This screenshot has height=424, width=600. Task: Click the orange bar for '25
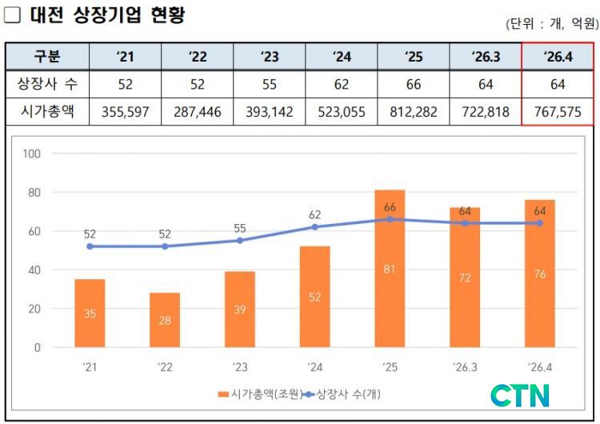pyautogui.click(x=390, y=269)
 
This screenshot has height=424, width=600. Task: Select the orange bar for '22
pyautogui.click(x=165, y=320)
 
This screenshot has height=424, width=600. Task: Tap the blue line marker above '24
pyautogui.click(x=314, y=227)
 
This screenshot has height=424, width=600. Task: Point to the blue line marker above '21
pyautogui.click(x=90, y=246)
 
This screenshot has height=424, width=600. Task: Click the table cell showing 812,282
pyautogui.click(x=414, y=112)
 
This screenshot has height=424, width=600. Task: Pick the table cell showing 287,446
pyautogui.click(x=197, y=112)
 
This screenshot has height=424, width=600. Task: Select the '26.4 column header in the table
pyautogui.click(x=558, y=57)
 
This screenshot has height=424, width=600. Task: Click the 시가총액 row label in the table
pyautogui.click(x=47, y=112)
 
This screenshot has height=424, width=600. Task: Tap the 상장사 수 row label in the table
pyautogui.click(x=47, y=84)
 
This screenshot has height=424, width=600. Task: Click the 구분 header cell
pyautogui.click(x=47, y=57)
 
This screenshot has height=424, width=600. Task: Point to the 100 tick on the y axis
pyautogui.click(x=31, y=154)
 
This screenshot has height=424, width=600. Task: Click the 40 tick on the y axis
pyautogui.click(x=34, y=270)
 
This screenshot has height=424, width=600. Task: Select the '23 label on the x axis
pyautogui.click(x=240, y=367)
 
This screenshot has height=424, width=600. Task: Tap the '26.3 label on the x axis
pyautogui.click(x=465, y=367)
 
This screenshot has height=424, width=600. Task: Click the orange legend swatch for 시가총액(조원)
pyautogui.click(x=223, y=394)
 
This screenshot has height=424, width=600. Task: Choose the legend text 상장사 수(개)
pyautogui.click(x=349, y=394)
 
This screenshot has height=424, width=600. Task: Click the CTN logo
pyautogui.click(x=520, y=396)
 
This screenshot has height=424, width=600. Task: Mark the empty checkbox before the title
pyautogui.click(x=12, y=14)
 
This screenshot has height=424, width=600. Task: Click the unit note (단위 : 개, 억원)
pyautogui.click(x=552, y=24)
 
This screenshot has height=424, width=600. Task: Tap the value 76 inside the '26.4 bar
pyautogui.click(x=539, y=274)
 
